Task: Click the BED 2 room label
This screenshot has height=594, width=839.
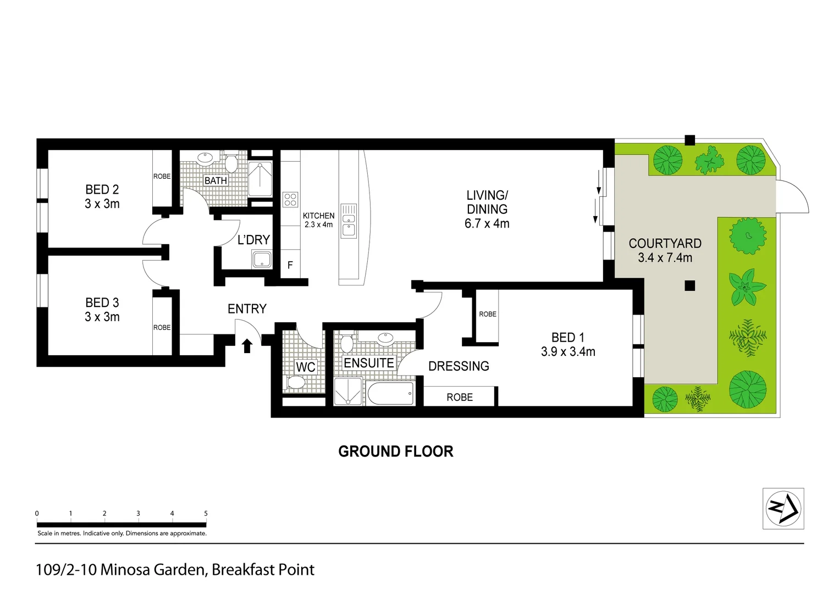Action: tap(102, 196)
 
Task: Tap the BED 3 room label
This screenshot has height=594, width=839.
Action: tap(102, 310)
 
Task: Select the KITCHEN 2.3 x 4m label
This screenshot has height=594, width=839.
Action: tap(318, 220)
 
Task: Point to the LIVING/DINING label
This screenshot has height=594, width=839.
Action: tap(487, 209)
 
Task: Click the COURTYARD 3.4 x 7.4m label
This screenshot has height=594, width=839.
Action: tap(665, 250)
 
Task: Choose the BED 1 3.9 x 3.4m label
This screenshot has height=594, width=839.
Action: tap(568, 344)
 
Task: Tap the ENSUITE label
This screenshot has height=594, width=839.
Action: tap(369, 363)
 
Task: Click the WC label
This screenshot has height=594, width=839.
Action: tap(306, 367)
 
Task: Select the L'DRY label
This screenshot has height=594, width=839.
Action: tap(253, 240)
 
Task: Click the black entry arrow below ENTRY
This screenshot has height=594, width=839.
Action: tap(247, 345)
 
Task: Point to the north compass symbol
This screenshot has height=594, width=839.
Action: tap(783, 509)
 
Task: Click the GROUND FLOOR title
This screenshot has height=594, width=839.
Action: tap(396, 452)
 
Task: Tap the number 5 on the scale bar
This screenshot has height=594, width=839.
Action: tap(206, 513)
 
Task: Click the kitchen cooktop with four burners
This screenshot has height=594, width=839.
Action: tap(290, 199)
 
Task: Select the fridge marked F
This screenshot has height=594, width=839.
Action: tap(290, 265)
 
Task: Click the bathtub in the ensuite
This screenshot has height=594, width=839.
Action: tap(391, 394)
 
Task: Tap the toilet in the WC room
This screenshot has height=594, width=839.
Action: tap(296, 383)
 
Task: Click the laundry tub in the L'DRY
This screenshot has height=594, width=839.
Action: tap(262, 259)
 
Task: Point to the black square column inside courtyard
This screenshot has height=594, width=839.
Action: tap(690, 285)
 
